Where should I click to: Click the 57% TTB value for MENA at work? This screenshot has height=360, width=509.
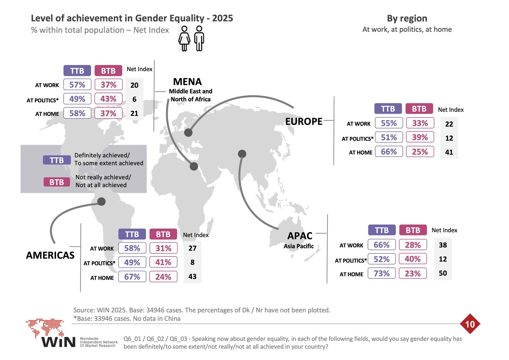[77, 85]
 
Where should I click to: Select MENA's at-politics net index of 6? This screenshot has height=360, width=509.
[134, 99]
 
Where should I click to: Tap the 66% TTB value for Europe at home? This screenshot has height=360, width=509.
[389, 152]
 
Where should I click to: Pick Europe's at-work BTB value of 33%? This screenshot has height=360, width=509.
[420, 123]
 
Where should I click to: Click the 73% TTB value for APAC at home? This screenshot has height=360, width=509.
[382, 273]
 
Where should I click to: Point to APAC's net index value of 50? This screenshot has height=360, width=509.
[443, 273]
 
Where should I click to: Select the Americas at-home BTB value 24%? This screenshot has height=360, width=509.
[163, 276]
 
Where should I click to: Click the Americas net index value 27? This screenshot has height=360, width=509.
[192, 248]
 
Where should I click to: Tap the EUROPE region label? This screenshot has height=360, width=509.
[303, 121]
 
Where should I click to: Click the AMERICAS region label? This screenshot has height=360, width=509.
[50, 255]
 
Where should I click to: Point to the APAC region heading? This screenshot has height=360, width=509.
[300, 236]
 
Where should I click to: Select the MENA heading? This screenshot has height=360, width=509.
[188, 82]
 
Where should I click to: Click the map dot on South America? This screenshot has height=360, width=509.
[102, 201]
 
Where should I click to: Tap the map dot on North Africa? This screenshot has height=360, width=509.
[194, 166]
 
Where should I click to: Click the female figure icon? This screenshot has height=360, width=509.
[184, 39]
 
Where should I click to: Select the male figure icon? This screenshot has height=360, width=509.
[199, 38]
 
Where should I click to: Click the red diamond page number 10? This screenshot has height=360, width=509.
[470, 324]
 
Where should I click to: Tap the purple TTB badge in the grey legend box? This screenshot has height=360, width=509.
[57, 160]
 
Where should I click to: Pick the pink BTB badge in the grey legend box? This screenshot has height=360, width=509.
[57, 182]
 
